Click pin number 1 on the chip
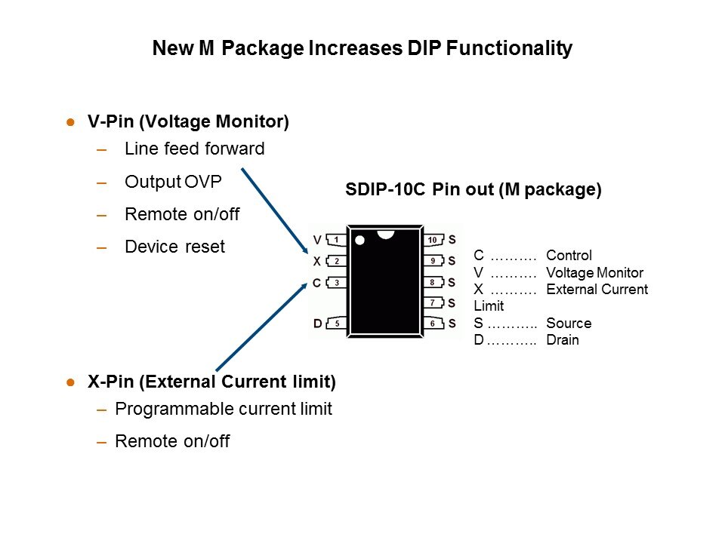(x=337, y=240)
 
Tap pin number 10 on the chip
(x=433, y=240)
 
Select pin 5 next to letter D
(x=337, y=324)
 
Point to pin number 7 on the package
(x=433, y=303)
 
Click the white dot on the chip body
(x=359, y=240)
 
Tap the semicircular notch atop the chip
(x=386, y=235)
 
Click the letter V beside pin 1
(x=317, y=240)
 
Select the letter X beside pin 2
(x=316, y=262)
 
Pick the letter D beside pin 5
(x=318, y=324)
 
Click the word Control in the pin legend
(x=569, y=256)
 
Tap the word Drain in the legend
(x=563, y=340)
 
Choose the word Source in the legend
(x=569, y=324)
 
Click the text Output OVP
(x=174, y=182)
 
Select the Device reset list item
(x=174, y=247)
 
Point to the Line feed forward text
(x=195, y=149)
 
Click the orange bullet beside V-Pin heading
(x=71, y=122)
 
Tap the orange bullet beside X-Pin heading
(x=71, y=382)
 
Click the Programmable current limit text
(x=224, y=409)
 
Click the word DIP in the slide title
(x=424, y=48)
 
